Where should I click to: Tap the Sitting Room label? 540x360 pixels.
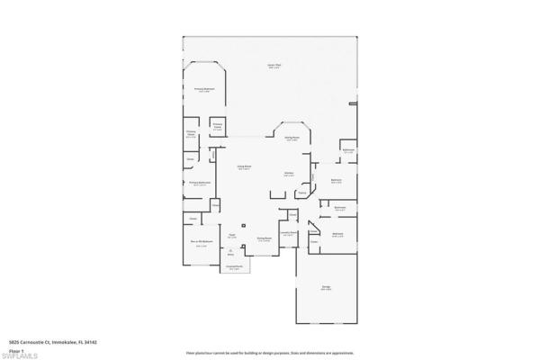click(292, 138)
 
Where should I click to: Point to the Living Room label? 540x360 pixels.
click(244, 167)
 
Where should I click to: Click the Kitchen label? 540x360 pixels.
click(290, 174)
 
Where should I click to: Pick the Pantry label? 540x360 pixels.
click(302, 193)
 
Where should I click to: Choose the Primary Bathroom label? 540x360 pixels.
click(199, 184)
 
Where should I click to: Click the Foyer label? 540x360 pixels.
click(231, 237)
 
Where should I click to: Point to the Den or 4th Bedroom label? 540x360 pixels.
click(200, 243)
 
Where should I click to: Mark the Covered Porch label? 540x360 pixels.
click(234, 268)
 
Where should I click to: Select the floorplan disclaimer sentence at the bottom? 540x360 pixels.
click(269, 353)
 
